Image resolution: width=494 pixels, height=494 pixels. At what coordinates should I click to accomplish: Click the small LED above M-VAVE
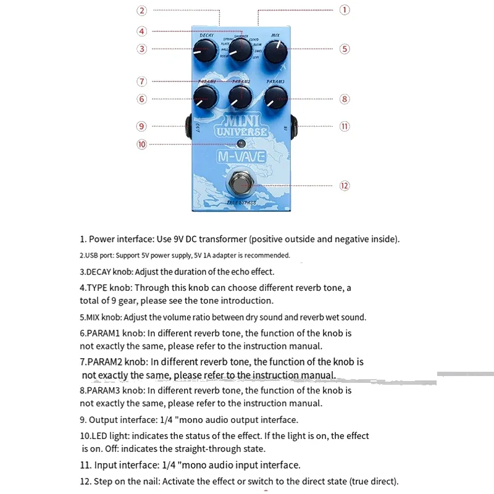[x=240, y=144]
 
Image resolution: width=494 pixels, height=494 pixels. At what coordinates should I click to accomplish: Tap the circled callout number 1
[x=345, y=10]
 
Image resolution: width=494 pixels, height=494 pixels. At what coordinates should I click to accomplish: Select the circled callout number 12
[x=345, y=185]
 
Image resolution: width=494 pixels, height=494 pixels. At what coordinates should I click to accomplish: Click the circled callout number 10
[x=142, y=144]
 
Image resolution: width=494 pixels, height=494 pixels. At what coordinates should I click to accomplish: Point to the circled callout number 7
[x=142, y=81]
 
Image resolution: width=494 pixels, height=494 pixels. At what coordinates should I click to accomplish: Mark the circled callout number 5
[x=345, y=49]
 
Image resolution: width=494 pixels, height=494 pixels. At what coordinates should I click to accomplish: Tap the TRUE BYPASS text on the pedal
[x=241, y=203]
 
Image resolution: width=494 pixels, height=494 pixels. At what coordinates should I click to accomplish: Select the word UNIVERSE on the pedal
[x=241, y=132]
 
